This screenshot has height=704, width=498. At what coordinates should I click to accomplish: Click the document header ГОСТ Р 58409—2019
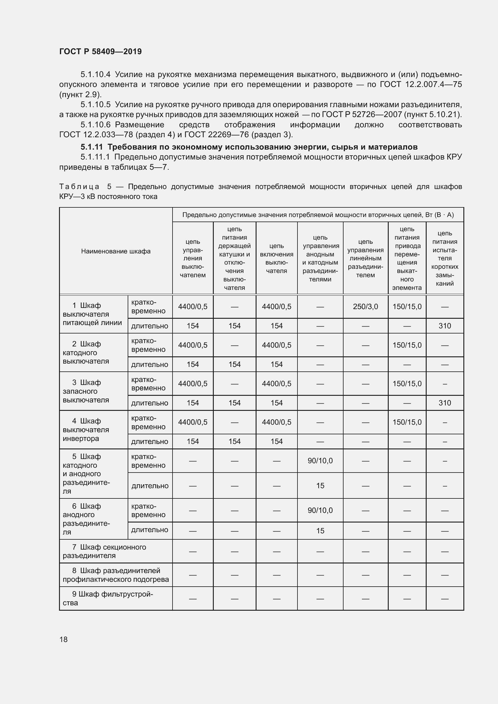pyautogui.click(x=100, y=51)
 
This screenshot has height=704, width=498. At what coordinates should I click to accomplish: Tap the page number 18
pyautogui.click(x=64, y=639)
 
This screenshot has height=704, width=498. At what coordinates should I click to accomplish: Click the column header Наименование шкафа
pyautogui.click(x=116, y=251)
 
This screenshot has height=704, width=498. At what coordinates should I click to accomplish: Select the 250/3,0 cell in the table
pyautogui.click(x=365, y=306)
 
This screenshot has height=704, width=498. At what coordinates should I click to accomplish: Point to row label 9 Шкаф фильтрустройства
pyautogui.click(x=107, y=598)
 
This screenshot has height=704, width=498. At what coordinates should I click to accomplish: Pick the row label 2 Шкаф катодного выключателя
pyautogui.click(x=86, y=353)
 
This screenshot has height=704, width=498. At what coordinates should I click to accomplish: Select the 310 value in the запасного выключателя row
pyautogui.click(x=444, y=403)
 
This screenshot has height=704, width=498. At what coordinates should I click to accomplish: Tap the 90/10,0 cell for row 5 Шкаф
pyautogui.click(x=320, y=461)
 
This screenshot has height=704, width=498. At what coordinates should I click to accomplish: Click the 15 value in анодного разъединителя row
pyautogui.click(x=320, y=531)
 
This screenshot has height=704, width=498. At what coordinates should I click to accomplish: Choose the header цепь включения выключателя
pyautogui.click(x=276, y=258)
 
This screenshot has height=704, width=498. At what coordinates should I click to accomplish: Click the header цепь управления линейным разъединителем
pyautogui.click(x=365, y=258)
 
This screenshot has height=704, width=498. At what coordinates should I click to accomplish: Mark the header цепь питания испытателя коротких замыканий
pyautogui.click(x=444, y=258)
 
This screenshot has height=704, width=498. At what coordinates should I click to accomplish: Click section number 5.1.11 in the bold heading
pyautogui.click(x=92, y=147)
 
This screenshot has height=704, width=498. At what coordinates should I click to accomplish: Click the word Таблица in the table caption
pyautogui.click(x=79, y=187)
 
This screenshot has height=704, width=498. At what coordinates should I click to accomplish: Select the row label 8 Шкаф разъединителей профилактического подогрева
pyautogui.click(x=116, y=575)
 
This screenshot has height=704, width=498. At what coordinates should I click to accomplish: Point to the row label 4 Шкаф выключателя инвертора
pyautogui.click(x=86, y=430)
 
